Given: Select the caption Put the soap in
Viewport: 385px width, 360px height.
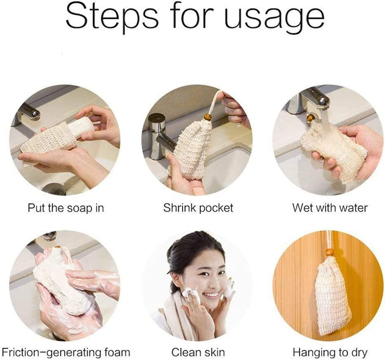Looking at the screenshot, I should point(66,208).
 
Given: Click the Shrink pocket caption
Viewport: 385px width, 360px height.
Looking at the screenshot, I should point(198,208).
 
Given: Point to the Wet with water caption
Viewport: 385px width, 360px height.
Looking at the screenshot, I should point(330,208).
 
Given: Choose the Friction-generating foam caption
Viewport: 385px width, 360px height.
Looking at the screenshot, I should point(66,352).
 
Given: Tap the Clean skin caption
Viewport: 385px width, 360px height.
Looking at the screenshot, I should point(198,352).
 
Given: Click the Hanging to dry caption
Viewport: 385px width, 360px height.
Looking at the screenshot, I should point(330,352).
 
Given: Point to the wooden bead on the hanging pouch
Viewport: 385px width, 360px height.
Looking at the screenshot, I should point(329,252).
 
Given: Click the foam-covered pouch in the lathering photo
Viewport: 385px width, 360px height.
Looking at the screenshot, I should point(61,282).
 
